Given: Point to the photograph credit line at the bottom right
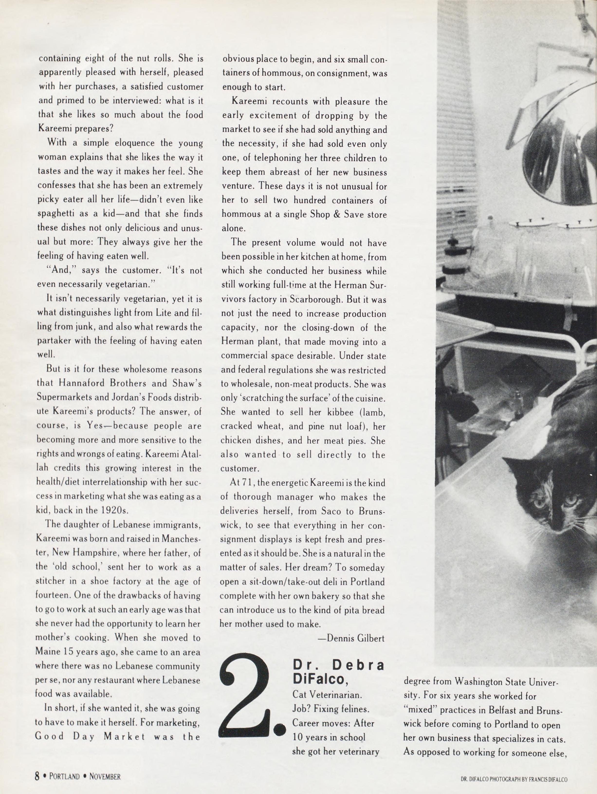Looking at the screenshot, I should [x=514, y=776].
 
